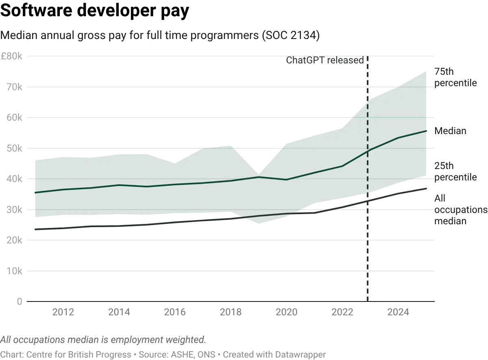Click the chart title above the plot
[161, 36]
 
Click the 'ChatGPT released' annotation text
[327, 61]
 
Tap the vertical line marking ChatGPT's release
[368, 244]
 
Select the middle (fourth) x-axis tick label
[231, 312]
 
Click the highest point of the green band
[425, 72]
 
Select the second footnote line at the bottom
[163, 353]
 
